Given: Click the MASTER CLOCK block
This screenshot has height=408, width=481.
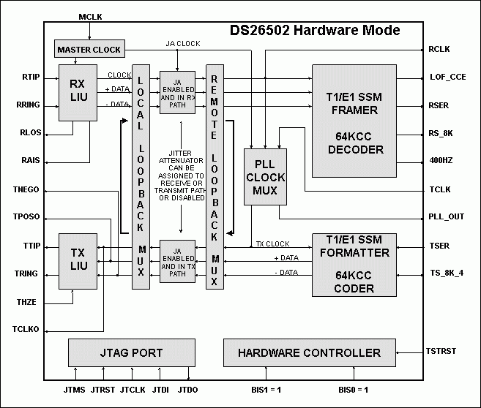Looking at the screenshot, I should pos(89,50).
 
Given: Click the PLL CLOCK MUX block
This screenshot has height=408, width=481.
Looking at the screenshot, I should pos(265,176).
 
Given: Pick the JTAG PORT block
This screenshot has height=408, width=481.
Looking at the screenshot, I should pos(132,352).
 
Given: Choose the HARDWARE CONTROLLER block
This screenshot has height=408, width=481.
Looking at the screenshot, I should pos(309,352).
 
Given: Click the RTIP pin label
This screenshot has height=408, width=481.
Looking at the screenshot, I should pos(31,76).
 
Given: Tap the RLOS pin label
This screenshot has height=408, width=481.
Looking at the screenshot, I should pos(31,133).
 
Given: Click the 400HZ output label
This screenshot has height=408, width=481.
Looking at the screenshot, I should pos(441,160).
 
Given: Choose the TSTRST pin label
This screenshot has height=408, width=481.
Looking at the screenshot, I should pos(442,351).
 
